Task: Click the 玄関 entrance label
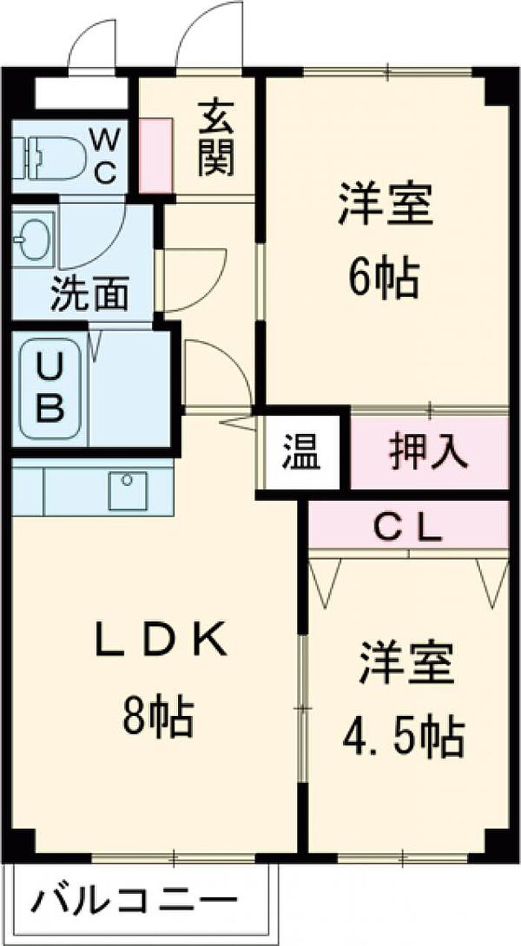pyautogui.click(x=216, y=139)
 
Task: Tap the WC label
pyautogui.click(x=105, y=157)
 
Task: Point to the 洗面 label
pyautogui.click(x=89, y=293)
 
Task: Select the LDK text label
pyautogui.click(x=159, y=642)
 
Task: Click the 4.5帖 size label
pyautogui.click(x=403, y=735)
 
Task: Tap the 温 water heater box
pyautogui.click(x=301, y=452)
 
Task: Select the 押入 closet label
pyautogui.click(x=429, y=452)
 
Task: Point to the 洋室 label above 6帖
pyautogui.click(x=386, y=204)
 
